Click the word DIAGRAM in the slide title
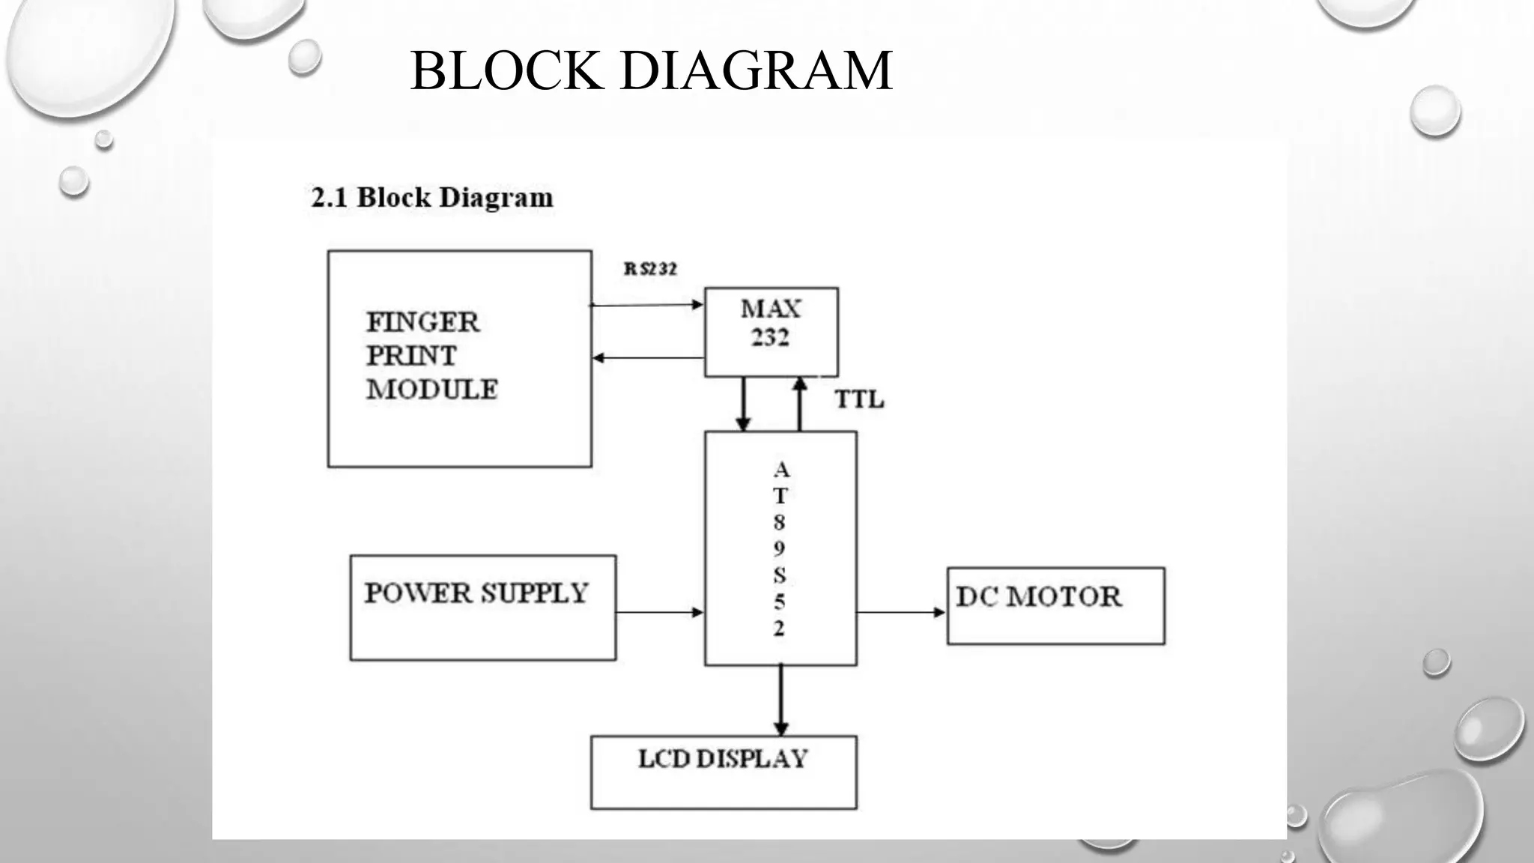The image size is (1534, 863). point(756,70)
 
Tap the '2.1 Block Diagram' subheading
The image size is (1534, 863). point(431,198)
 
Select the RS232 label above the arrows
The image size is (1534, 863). point(650,269)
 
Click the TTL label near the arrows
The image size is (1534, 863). point(859,400)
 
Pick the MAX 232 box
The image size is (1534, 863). point(771,331)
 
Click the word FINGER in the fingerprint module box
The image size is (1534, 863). point(422,322)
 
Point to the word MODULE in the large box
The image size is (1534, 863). point(431,390)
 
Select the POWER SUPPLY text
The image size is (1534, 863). point(476,593)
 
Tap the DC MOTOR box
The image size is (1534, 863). point(1055,605)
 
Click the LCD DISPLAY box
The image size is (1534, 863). point(723,772)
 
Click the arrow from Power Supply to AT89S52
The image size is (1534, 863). point(659,612)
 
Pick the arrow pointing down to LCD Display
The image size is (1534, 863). point(780,700)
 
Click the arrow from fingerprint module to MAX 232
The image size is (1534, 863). point(646,305)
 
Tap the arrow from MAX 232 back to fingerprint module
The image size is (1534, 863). point(648,358)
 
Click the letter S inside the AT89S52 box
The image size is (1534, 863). point(780,575)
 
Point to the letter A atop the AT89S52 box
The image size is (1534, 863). point(781,470)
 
